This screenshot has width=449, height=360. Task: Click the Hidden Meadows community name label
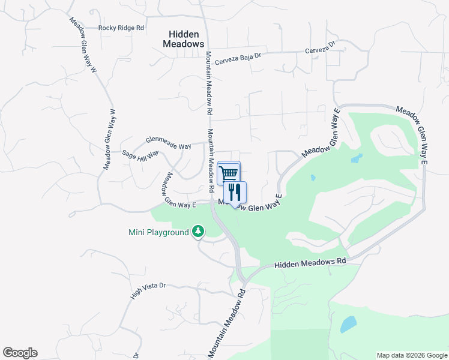click(184, 40)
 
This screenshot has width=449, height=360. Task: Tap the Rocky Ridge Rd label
click(122, 28)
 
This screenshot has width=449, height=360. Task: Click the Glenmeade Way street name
click(168, 143)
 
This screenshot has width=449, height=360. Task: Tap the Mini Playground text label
click(158, 232)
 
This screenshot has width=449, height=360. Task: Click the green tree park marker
click(198, 232)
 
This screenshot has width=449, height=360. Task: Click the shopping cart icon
click(228, 173)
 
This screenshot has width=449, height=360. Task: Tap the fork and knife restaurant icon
click(235, 192)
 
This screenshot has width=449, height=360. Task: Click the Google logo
click(20, 353)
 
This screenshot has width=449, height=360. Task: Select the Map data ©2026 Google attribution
click(411, 355)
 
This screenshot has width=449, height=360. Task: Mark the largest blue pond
click(348, 325)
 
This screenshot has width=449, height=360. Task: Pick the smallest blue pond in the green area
click(313, 178)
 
